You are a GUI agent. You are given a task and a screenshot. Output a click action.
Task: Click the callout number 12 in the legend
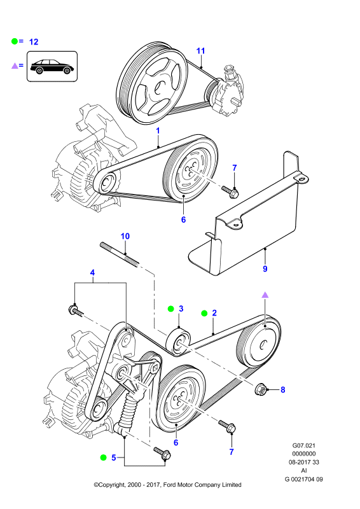34,42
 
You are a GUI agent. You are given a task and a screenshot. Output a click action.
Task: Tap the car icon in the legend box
52,67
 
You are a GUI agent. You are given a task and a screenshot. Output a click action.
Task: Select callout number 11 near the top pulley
200,51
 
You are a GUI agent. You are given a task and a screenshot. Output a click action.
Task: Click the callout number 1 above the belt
158,131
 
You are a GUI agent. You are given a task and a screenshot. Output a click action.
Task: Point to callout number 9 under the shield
265,268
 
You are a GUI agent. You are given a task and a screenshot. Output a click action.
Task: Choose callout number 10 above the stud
125,236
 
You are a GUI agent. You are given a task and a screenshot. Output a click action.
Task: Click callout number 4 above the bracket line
92,273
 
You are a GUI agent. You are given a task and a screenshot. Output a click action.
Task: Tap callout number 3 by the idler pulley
181,309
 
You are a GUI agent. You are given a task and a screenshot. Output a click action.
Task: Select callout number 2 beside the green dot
214,313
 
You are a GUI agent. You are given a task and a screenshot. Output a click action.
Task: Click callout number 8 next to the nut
283,389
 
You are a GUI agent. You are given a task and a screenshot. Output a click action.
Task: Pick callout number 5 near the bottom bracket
114,457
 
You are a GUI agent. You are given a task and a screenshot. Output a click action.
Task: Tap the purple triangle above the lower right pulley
265,295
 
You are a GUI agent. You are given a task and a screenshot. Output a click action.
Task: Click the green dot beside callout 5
103,457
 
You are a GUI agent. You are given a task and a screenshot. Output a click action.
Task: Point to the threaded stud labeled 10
120,254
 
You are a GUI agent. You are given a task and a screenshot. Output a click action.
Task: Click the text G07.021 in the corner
303,446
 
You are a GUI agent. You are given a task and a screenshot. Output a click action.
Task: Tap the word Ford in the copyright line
169,485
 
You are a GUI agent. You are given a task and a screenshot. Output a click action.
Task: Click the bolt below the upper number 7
230,192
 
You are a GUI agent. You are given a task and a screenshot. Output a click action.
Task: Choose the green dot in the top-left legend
15,41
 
